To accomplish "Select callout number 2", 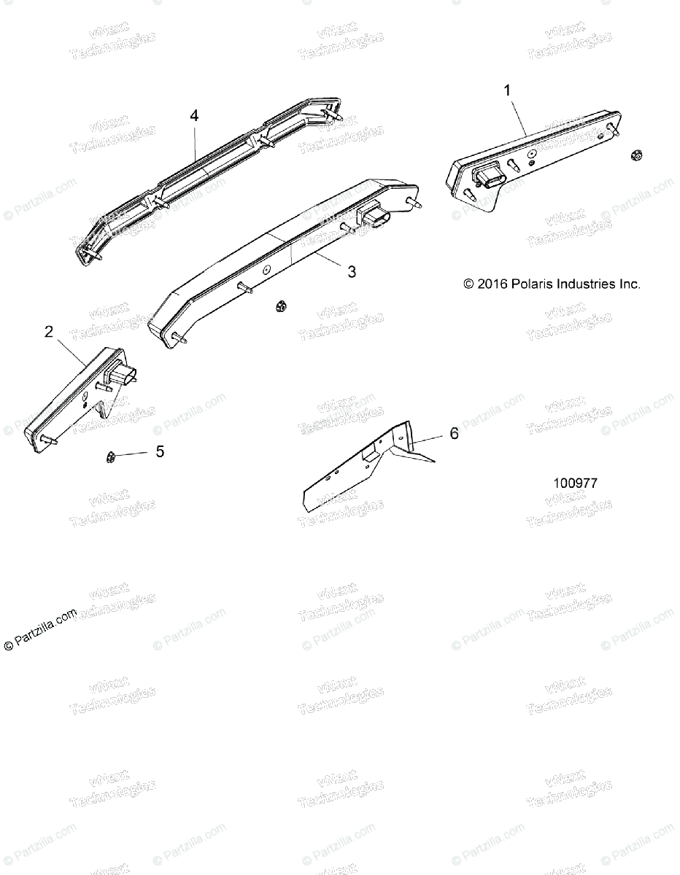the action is (x=49, y=332).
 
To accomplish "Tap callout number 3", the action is (x=352, y=272).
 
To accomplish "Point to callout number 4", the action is (x=193, y=115).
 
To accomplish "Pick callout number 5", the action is (x=159, y=452).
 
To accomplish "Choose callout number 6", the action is (x=454, y=434).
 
